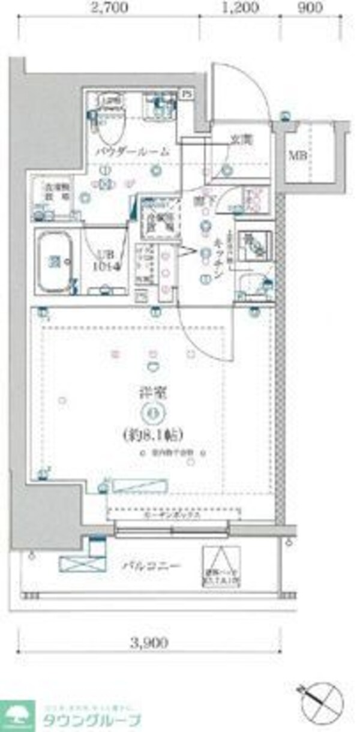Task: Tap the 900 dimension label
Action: click(310, 8)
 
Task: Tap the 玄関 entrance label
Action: click(242, 139)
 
